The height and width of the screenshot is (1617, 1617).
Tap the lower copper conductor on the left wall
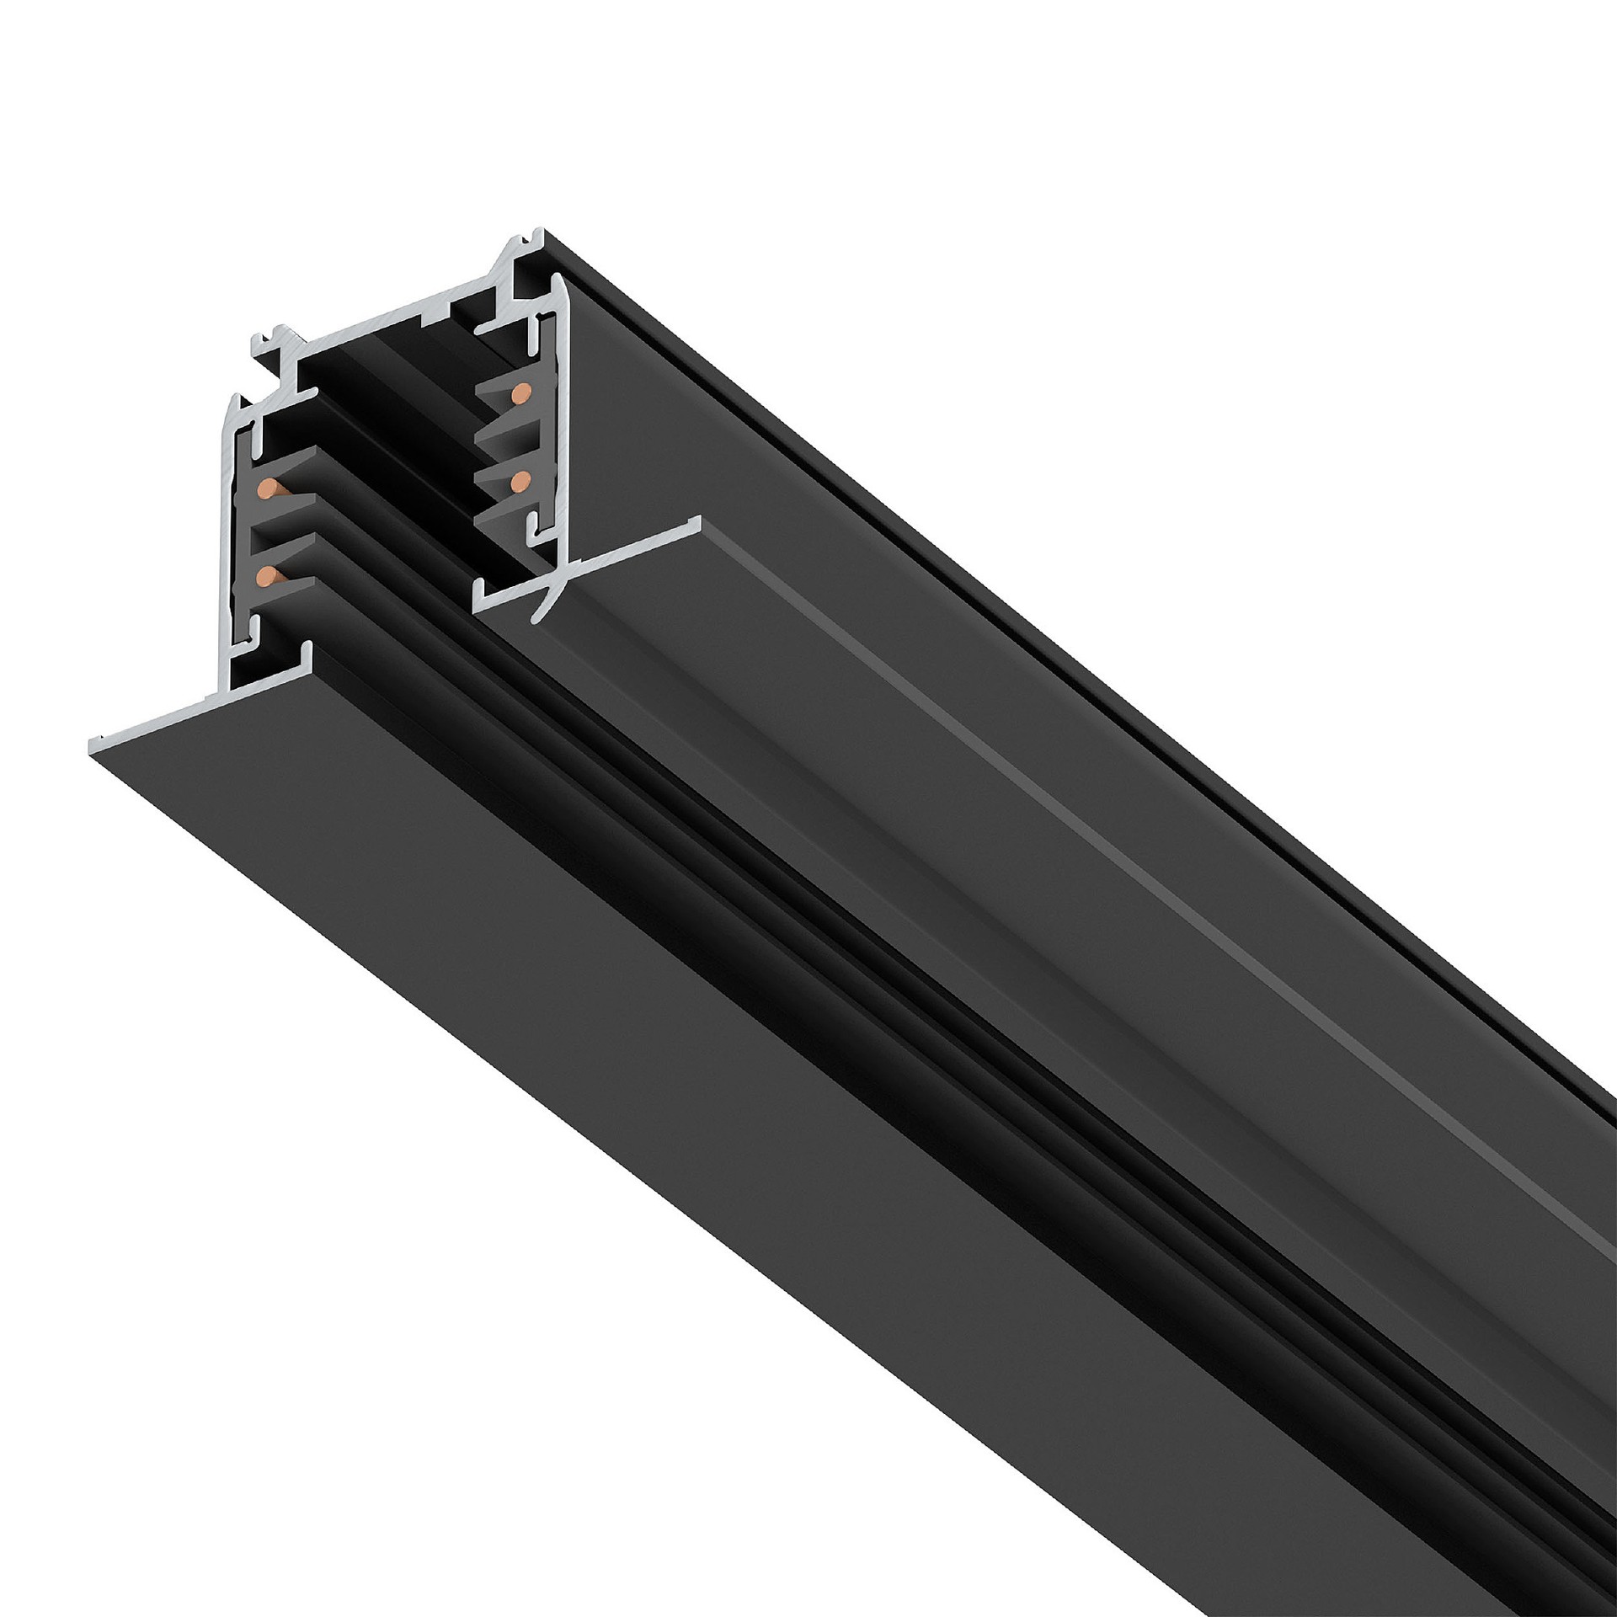pyautogui.click(x=267, y=576)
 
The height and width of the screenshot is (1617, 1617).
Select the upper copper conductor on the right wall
pyautogui.click(x=521, y=391)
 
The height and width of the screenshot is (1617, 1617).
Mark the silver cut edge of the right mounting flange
pyautogui.click(x=590, y=564)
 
